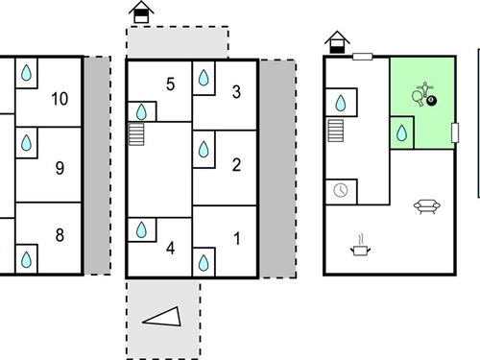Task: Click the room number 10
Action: click(x=60, y=98)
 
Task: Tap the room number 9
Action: click(x=60, y=169)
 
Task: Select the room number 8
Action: click(x=60, y=236)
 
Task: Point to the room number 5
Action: click(x=170, y=84)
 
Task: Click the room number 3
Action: click(x=236, y=92)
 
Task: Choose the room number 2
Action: click(x=236, y=164)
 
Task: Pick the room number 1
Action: click(x=236, y=236)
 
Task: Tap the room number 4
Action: click(x=170, y=249)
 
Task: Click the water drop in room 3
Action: click(x=204, y=82)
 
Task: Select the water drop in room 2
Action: click(x=204, y=149)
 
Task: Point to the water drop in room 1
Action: click(x=204, y=261)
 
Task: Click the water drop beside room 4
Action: click(x=141, y=229)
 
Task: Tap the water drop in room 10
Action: click(x=28, y=73)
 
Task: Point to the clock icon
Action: click(x=341, y=190)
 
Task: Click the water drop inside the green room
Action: click(x=401, y=131)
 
